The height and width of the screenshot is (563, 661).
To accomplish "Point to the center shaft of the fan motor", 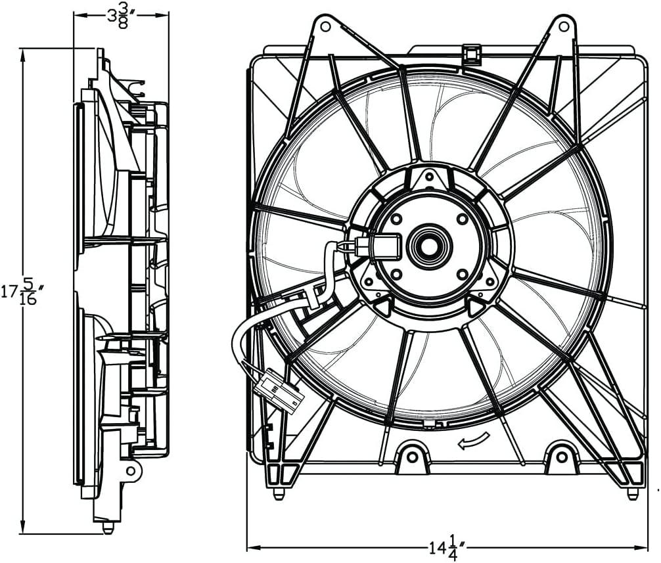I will coord(429,246).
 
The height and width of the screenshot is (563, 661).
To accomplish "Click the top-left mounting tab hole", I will coord(323,26).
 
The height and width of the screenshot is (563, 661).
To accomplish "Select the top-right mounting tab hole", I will coord(562,26).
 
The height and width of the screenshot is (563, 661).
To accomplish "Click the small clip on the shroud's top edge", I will coord(471,53).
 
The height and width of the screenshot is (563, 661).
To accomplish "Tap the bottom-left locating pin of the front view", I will coord(279,493).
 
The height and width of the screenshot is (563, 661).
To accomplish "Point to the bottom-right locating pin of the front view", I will coord(632,493).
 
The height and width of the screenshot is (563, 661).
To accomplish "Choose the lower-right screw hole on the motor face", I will coord(462,273).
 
